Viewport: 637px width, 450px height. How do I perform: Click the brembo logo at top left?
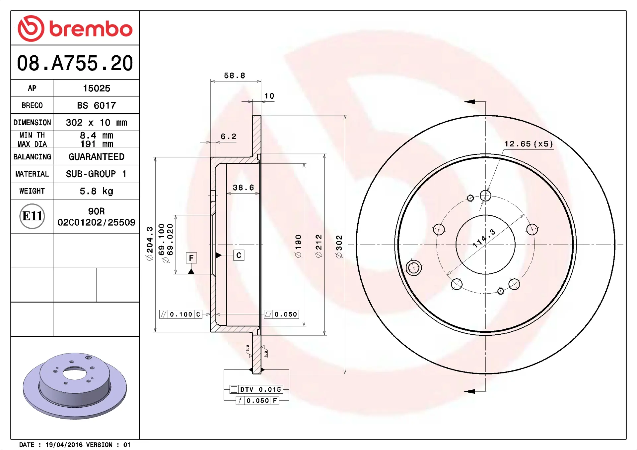(75, 28)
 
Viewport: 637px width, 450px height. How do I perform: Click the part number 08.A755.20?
(75, 63)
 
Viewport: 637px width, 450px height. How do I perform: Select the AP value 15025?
(97, 88)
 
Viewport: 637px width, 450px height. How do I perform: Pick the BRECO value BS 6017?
(97, 105)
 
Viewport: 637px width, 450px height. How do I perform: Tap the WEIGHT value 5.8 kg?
(97, 191)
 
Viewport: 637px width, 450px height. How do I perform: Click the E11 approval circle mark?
(32, 216)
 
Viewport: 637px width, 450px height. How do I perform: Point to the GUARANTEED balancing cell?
(97, 157)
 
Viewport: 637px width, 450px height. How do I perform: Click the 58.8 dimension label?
(235, 76)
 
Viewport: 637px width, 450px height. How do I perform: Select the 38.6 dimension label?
(243, 188)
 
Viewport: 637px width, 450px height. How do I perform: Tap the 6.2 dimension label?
(229, 136)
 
